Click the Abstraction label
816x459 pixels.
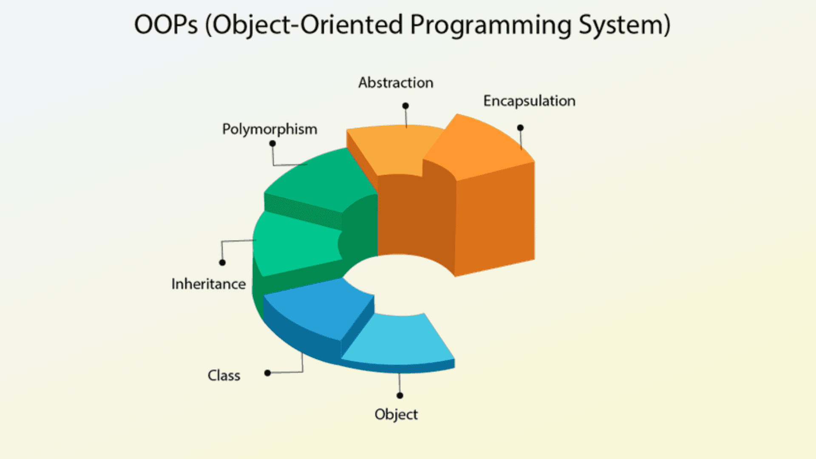point(396,82)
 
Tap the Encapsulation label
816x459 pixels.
point(529,101)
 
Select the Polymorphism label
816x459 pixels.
point(269,129)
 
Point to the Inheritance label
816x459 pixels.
point(209,284)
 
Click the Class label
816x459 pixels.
point(224,376)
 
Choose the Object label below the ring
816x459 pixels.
point(396,414)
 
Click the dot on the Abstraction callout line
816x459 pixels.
point(405,106)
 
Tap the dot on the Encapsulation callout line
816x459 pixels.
point(520,127)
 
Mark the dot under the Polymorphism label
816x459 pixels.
point(272,144)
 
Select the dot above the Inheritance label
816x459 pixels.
point(222,263)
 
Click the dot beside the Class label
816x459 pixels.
point(267,373)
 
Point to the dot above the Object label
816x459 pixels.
point(399,396)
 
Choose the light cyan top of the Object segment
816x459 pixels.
point(399,340)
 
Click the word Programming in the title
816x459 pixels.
point(491,25)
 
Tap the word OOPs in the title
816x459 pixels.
point(166,25)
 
